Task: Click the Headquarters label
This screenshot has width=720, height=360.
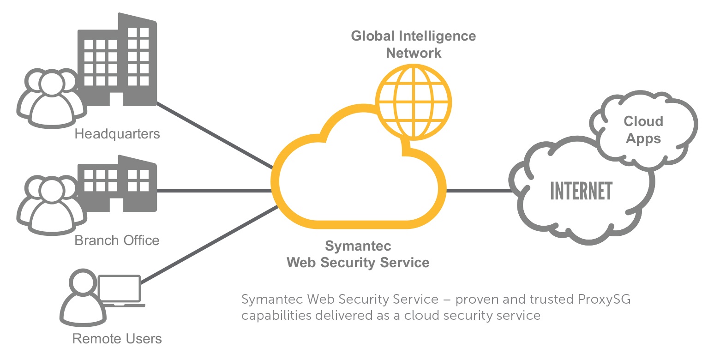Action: [x=117, y=134]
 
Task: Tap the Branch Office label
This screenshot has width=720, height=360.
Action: [x=117, y=240]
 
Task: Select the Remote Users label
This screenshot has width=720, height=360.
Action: [x=117, y=339]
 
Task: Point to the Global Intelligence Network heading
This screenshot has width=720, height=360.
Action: [x=414, y=44]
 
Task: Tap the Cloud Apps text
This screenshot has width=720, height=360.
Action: [x=643, y=130]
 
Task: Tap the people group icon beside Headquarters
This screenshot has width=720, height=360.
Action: [x=46, y=97]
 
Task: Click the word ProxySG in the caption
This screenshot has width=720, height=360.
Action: [x=604, y=300]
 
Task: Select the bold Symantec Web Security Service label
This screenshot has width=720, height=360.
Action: [x=358, y=254]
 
